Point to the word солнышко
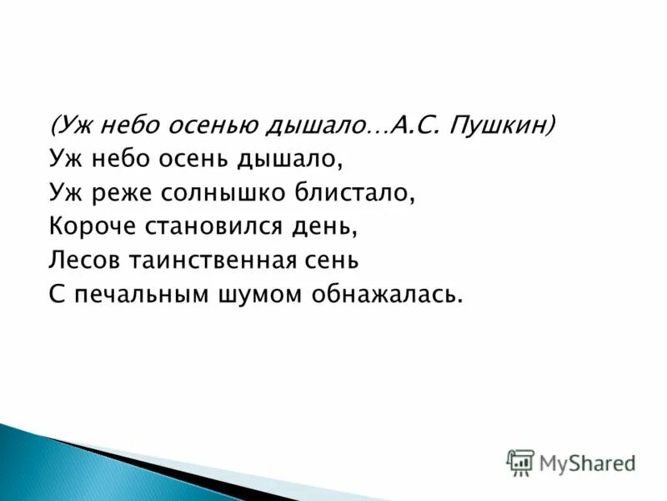pyautogui.click(x=215, y=193)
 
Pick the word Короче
pyautogui.click(x=87, y=226)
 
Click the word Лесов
pyautogui.click(x=83, y=260)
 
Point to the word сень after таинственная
pyautogui.click(x=331, y=260)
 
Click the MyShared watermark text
pyautogui.click(x=587, y=463)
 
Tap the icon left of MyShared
pyautogui.click(x=520, y=462)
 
